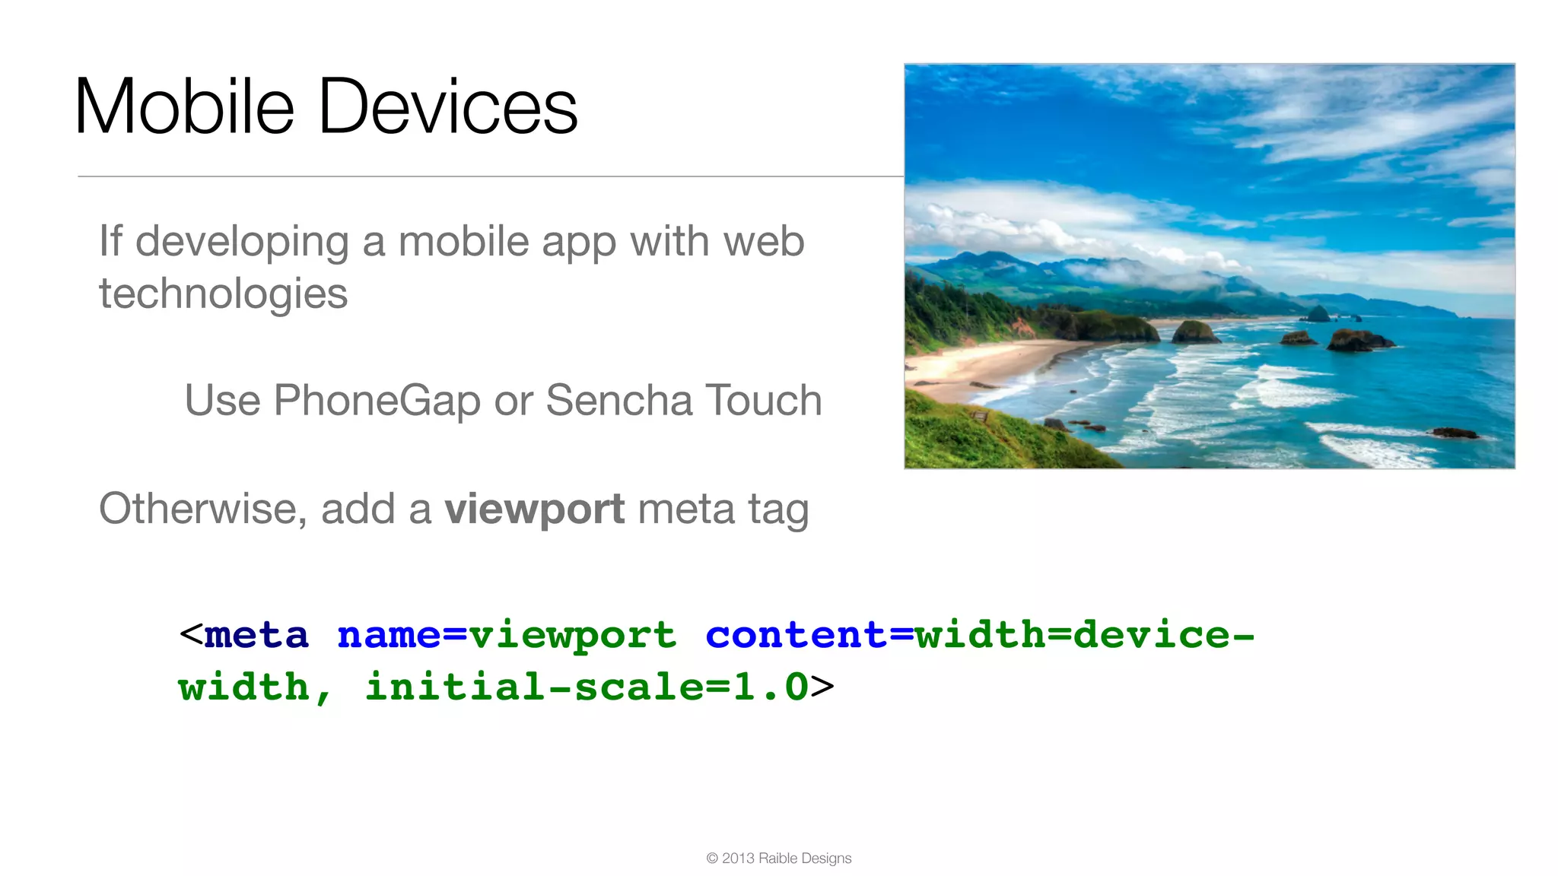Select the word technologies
(x=223, y=294)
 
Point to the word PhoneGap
(x=377, y=401)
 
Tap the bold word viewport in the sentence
(x=535, y=509)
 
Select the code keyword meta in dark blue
(x=256, y=635)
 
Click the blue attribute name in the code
(x=388, y=635)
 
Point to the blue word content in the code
(x=795, y=635)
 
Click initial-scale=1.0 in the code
(x=586, y=687)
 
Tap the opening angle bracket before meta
(x=190, y=634)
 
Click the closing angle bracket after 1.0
(x=822, y=687)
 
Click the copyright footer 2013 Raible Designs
(x=779, y=859)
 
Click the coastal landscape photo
(x=1209, y=266)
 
